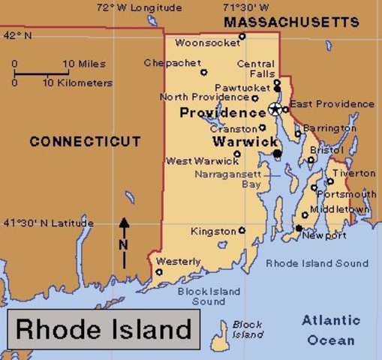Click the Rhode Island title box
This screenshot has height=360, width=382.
[x=104, y=328]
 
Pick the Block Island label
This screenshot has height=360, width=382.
[x=247, y=329]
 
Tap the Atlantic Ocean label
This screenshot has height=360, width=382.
[x=331, y=330]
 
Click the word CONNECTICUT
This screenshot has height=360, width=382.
[x=85, y=141]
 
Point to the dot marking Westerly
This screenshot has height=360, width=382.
[x=159, y=272]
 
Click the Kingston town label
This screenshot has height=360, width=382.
[x=212, y=231]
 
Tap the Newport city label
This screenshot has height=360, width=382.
[x=324, y=235]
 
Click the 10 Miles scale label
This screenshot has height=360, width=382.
[x=84, y=64]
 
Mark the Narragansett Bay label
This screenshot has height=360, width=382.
[x=227, y=178]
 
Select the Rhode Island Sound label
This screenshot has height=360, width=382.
[x=317, y=263]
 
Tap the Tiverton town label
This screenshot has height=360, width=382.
[x=354, y=173]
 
